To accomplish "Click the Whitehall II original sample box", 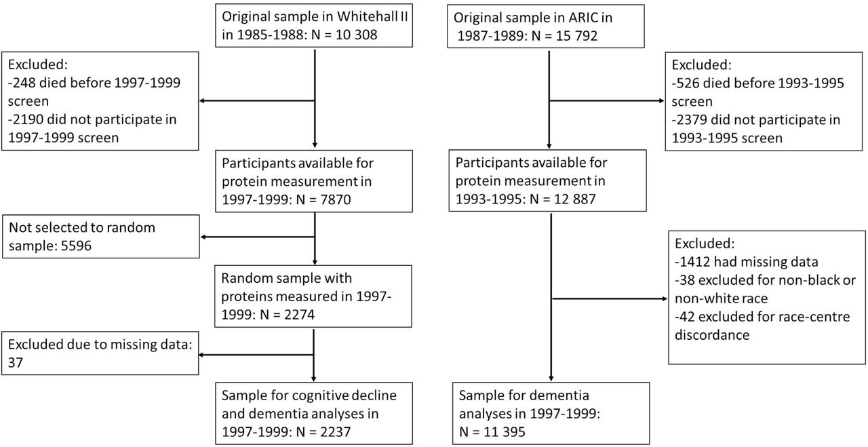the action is point(314,26).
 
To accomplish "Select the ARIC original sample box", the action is point(546,26).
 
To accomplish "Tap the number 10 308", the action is point(357,35).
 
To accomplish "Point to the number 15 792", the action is point(576,36).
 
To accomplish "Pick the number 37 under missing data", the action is point(16,362).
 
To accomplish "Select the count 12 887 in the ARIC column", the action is point(574,199).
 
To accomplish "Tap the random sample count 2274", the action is point(297,314).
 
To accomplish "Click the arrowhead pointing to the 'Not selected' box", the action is point(203,237).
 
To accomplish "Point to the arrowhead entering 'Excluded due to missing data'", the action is point(202,355).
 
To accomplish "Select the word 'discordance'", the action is point(712,334).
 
